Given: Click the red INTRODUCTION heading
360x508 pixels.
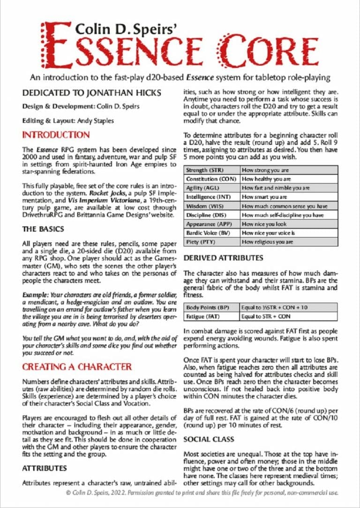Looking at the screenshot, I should (x=56, y=135).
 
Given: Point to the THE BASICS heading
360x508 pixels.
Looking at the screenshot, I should (x=43, y=229).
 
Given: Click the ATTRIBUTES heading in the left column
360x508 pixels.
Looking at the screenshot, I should (x=45, y=468).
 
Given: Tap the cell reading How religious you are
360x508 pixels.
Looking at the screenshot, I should (x=267, y=242).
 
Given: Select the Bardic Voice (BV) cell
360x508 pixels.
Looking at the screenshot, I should (x=207, y=233).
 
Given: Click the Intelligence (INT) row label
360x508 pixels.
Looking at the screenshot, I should (x=208, y=197).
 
